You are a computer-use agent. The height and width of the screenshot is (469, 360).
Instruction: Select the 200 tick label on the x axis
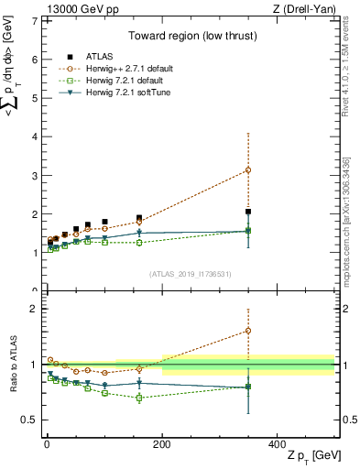coord(162,444)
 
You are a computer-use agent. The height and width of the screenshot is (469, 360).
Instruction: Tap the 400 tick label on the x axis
coord(278,444)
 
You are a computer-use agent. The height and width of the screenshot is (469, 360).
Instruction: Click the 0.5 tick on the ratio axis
coord(29,420)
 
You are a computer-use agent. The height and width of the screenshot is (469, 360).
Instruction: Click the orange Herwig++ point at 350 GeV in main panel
coord(248,169)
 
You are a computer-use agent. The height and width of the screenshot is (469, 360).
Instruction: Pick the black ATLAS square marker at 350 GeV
coord(248,212)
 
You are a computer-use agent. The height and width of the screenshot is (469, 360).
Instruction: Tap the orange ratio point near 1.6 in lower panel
coord(248,331)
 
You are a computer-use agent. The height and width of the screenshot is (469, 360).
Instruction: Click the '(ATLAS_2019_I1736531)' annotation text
coord(191,274)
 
